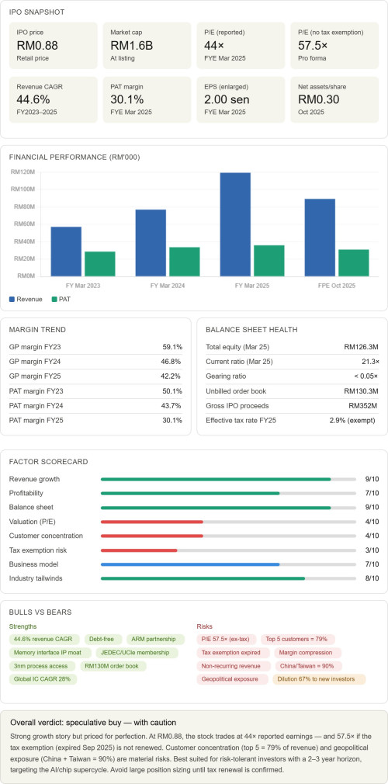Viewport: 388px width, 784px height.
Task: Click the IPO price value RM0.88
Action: click(37, 46)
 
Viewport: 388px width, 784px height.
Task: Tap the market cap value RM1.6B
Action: click(131, 46)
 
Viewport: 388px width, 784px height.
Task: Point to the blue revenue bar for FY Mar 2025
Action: click(235, 224)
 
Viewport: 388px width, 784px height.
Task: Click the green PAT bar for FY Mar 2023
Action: click(100, 264)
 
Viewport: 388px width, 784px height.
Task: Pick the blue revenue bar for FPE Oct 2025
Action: click(320, 238)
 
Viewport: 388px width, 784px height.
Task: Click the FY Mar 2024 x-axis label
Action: click(168, 286)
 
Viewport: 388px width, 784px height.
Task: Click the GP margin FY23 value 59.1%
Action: click(171, 346)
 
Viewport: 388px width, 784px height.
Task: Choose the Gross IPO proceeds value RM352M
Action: click(362, 405)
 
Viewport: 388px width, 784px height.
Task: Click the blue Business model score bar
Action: click(190, 564)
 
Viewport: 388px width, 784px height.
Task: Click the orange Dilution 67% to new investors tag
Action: click(319, 679)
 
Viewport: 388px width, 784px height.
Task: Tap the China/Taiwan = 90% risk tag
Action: click(309, 666)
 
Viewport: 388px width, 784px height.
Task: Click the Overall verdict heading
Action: click(93, 723)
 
